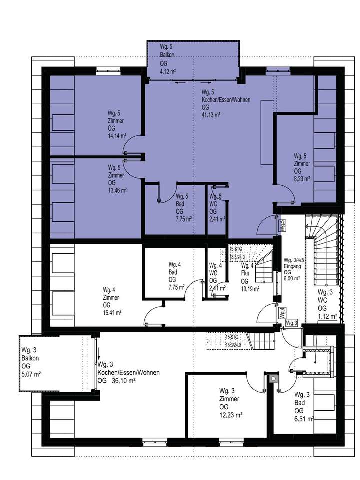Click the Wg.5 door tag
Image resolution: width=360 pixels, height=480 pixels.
pyautogui.click(x=282, y=226)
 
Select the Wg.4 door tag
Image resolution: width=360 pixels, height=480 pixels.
pyautogui.click(x=282, y=312)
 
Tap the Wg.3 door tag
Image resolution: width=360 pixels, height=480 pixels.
pyautogui.click(x=292, y=324)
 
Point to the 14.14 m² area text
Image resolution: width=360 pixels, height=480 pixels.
pyautogui.click(x=117, y=135)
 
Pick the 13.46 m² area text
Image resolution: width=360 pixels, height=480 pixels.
pyautogui.click(x=117, y=190)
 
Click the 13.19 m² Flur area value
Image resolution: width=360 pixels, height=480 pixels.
pyautogui.click(x=250, y=288)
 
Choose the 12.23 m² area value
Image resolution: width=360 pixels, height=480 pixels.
pyautogui.click(x=230, y=415)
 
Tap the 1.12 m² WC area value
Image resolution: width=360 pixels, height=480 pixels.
pyautogui.click(x=326, y=316)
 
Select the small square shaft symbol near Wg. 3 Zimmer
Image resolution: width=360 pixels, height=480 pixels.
pyautogui.click(x=272, y=379)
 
